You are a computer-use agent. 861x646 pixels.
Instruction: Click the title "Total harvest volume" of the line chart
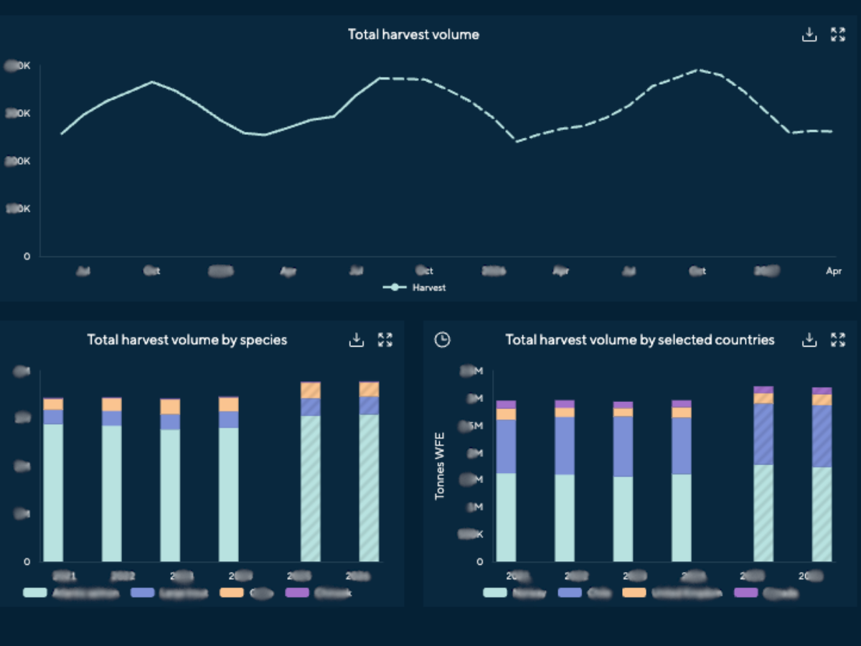point(413,34)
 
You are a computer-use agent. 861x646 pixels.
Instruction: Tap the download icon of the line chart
point(809,34)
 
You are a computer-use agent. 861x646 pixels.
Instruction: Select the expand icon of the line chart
point(837,34)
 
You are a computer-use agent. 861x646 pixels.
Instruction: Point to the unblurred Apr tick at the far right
point(833,271)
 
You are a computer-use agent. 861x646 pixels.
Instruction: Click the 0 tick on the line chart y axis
point(27,256)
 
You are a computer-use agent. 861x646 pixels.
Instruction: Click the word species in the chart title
point(264,340)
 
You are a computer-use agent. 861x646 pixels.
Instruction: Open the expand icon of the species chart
point(385,340)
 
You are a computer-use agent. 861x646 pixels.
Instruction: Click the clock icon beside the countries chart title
point(443,340)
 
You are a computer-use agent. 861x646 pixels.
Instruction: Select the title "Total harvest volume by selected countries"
point(639,340)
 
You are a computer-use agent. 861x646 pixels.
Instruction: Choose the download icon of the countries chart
point(809,340)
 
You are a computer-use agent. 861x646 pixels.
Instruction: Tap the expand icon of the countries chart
point(837,340)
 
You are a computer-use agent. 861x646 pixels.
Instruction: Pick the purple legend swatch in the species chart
point(297,593)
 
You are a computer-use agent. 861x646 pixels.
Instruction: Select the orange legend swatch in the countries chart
point(634,593)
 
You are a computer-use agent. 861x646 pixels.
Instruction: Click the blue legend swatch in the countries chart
point(570,593)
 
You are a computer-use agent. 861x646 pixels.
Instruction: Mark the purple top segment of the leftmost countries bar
point(506,405)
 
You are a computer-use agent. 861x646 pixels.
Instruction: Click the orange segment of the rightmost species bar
point(369,390)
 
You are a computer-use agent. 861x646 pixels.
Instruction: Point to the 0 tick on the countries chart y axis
point(479,561)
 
